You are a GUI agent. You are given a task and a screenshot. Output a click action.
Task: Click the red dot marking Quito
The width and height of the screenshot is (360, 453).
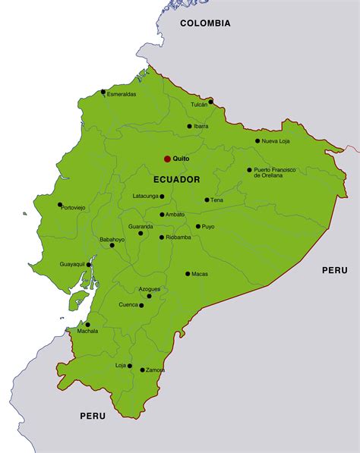point(167,159)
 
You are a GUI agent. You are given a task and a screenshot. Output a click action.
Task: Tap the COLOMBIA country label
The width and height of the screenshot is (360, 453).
point(205,24)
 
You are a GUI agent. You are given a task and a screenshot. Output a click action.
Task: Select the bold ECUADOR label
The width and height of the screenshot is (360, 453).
point(176,180)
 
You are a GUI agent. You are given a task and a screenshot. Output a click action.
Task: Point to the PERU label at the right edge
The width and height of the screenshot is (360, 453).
point(334,270)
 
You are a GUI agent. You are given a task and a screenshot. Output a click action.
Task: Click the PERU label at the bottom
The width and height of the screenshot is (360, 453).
point(93,416)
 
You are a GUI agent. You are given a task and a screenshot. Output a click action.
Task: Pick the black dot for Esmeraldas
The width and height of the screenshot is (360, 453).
point(103,92)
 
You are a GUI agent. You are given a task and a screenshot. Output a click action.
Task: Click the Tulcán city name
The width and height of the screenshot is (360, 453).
point(199,105)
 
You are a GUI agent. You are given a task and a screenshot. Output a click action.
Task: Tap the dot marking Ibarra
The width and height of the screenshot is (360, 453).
point(190,126)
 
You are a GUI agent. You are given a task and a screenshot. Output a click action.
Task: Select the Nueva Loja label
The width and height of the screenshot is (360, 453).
point(276,141)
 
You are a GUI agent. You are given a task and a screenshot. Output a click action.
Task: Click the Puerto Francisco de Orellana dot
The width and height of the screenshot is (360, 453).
point(249,170)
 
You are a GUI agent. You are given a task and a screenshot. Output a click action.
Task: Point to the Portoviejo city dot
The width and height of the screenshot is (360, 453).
point(60,204)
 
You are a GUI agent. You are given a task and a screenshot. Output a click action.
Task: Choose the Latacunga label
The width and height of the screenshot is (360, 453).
point(145,196)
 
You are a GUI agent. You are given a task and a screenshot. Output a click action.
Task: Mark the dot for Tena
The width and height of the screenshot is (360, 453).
point(207,200)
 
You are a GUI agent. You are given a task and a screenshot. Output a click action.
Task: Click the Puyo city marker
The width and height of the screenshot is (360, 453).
point(198,226)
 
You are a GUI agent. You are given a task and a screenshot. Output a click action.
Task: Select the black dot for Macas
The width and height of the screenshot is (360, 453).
point(188,274)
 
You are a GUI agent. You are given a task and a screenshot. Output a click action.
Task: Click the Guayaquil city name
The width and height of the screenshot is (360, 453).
point(73,264)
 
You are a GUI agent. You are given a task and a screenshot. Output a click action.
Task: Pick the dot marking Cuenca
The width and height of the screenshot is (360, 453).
point(142,305)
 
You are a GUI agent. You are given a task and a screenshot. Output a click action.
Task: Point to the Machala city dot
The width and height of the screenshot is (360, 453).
point(87,325)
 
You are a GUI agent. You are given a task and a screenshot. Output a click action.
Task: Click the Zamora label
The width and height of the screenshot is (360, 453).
point(155,370)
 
